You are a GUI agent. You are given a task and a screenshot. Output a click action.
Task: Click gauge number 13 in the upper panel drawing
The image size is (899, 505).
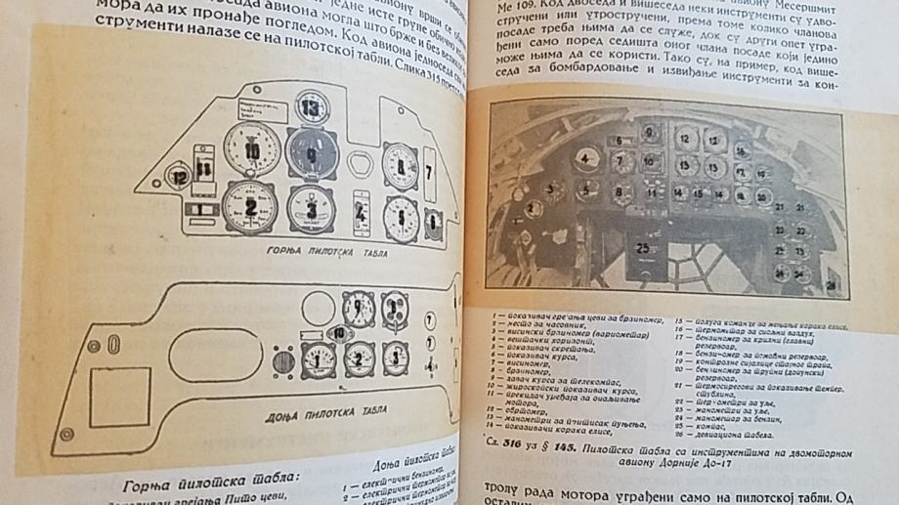311,106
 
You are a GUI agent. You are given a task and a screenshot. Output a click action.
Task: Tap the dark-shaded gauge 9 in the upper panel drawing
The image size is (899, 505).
312,154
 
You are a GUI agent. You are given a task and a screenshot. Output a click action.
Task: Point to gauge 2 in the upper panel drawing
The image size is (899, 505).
249,206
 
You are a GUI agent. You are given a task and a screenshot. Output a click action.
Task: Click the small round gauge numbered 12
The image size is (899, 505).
179,177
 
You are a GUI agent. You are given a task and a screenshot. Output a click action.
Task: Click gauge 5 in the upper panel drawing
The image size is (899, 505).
401,216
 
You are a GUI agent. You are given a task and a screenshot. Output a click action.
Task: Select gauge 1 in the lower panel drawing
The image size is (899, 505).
318,360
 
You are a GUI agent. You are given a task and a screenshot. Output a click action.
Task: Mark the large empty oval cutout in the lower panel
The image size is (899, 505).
319,311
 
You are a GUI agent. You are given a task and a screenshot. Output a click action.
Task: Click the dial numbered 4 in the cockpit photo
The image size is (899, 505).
584,158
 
